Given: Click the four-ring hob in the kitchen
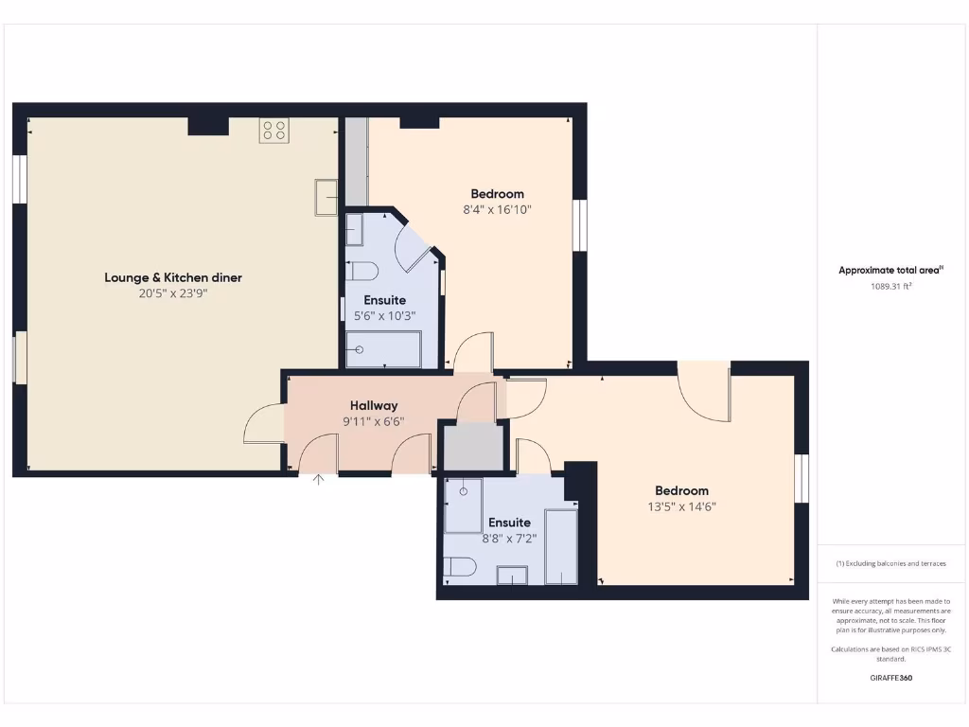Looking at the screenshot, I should click(273, 132).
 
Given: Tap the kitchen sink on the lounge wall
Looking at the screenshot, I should click(326, 197).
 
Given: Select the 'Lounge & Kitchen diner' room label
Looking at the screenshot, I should click(173, 277).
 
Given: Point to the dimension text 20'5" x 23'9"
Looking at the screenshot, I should click(173, 293).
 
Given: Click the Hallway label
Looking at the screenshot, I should click(374, 405).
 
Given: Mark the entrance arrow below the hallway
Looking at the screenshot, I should click(319, 480).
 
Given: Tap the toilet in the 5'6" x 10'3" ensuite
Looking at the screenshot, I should click(361, 271).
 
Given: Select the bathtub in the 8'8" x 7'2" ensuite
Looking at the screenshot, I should click(560, 546).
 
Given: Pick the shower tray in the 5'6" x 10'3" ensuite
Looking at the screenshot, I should click(383, 349).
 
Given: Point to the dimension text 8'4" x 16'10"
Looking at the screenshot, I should click(497, 210).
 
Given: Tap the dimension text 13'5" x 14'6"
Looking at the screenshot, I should click(681, 506).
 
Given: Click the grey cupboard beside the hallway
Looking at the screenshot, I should click(474, 447).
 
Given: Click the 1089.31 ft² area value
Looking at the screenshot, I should click(890, 286).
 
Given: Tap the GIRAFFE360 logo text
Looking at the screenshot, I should click(890, 678).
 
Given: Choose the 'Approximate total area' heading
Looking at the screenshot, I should click(890, 270).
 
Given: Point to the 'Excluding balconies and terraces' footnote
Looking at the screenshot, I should click(890, 563).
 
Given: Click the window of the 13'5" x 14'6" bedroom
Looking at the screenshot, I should click(802, 478).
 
